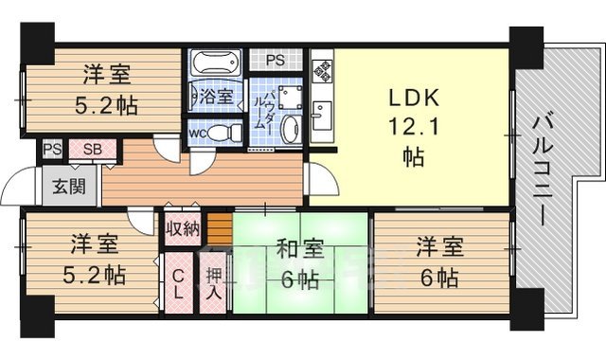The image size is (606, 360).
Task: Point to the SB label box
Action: pyautogui.click(x=92, y=150)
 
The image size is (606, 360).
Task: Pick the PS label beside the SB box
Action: pyautogui.click(x=51, y=150)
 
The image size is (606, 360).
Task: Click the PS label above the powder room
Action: pyautogui.click(x=274, y=61)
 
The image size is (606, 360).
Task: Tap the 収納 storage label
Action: pyautogui.click(x=183, y=228)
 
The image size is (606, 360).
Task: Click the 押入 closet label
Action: pyautogui.click(x=214, y=282)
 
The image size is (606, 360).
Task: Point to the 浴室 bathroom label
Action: pyautogui.click(x=215, y=96)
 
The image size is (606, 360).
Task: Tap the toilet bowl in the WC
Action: pyautogui.click(x=220, y=132)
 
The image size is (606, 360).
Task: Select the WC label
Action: pyautogui.click(x=197, y=133)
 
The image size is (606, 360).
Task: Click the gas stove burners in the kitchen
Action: pyautogui.click(x=322, y=68)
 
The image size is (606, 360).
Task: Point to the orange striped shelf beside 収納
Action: pyautogui.click(x=220, y=228)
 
